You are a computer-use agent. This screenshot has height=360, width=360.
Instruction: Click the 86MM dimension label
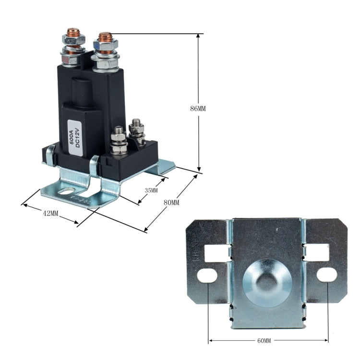(x=198, y=108)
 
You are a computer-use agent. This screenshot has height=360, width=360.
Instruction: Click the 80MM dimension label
(x=171, y=203)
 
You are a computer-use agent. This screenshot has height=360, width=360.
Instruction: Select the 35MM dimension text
(x=151, y=191)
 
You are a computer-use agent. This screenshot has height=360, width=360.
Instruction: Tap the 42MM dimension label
(x=50, y=213)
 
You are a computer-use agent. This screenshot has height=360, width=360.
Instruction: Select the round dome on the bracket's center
(x=268, y=282)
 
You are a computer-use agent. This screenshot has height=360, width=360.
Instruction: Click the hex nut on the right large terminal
(x=105, y=48)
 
